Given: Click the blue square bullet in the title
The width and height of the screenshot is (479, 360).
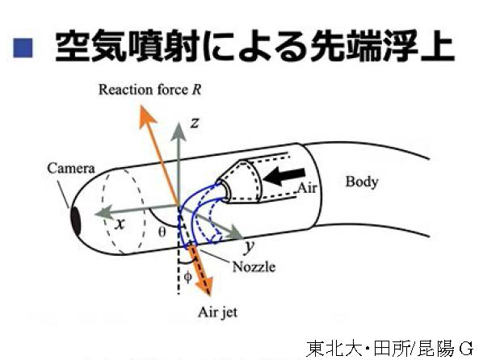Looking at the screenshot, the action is (x=23, y=48).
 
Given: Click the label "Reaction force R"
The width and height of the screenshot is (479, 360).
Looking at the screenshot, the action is (x=149, y=90).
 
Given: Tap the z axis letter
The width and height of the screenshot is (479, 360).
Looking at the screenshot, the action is (x=195, y=123).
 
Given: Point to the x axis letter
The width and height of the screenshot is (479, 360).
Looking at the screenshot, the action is (x=120, y=224).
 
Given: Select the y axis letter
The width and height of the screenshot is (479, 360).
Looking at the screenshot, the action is (x=249, y=247).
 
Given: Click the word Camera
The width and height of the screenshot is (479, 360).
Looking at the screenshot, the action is (x=71, y=168).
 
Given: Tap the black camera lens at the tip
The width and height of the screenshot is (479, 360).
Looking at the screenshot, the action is (x=76, y=221).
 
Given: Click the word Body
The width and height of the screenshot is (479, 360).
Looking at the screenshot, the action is (x=362, y=182).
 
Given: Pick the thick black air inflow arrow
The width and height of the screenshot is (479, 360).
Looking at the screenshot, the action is (x=284, y=177).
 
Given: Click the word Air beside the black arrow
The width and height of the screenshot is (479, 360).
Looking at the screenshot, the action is (x=308, y=188).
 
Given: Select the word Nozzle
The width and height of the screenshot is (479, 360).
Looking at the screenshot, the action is (x=254, y=267).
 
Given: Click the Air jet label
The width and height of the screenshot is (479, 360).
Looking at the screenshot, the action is (x=217, y=312).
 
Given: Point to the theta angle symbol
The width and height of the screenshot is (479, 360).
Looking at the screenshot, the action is (x=162, y=232).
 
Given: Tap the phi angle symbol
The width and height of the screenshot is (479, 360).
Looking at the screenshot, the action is (x=188, y=277).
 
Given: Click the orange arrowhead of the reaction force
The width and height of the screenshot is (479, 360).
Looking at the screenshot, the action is (x=147, y=115).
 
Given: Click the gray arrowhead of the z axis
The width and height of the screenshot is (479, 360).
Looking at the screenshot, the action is (x=179, y=131).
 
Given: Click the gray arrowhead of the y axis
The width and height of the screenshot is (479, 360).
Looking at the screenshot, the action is (x=236, y=232).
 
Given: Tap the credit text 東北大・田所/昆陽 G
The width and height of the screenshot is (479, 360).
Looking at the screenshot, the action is (x=390, y=349).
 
